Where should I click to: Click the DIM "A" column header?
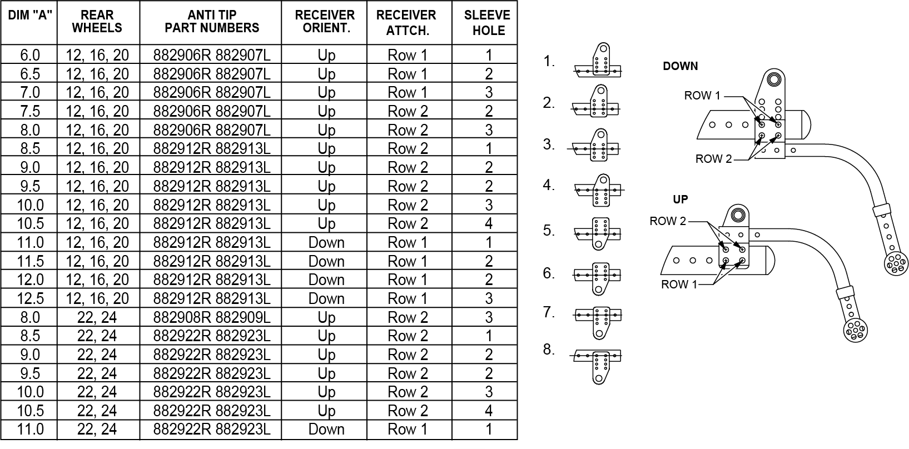[x=30, y=16]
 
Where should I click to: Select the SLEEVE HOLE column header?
[x=488, y=23]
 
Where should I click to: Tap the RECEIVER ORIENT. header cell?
[x=325, y=22]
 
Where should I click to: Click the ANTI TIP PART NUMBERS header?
[x=212, y=22]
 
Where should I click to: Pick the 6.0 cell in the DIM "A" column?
[x=30, y=55]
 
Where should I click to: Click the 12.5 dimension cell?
[x=30, y=298]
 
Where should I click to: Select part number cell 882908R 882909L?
[x=212, y=317]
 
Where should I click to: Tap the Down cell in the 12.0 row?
[x=326, y=280]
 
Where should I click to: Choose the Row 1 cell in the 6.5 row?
[x=408, y=74]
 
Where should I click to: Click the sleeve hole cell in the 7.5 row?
[x=489, y=111]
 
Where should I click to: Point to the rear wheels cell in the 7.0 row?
[x=97, y=92]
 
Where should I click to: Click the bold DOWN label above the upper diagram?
[x=680, y=66]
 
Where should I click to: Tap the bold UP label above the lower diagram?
[x=680, y=199]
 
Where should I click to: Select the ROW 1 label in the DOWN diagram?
[x=702, y=96]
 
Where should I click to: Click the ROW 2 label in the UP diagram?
[x=668, y=221]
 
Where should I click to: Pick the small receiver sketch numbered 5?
[x=597, y=233]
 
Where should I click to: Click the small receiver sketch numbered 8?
[x=596, y=367]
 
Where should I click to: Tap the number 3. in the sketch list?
[x=549, y=144]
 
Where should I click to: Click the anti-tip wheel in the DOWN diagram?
[x=896, y=263]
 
